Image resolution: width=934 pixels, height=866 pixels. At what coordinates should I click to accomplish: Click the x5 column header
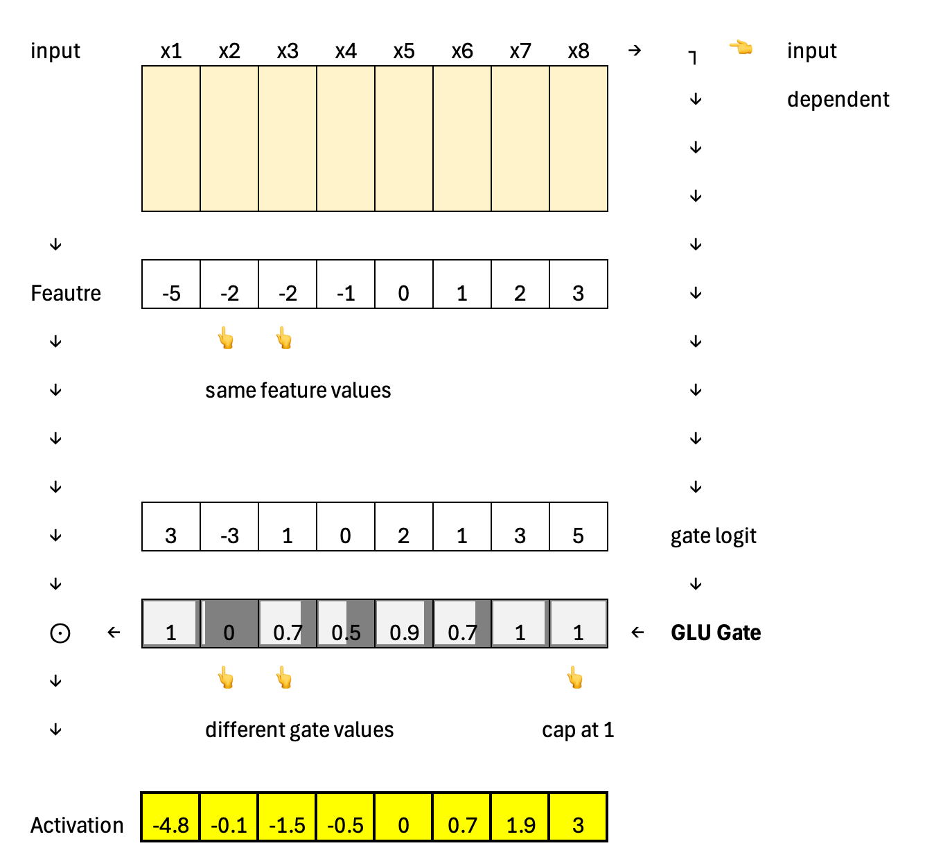coord(404,51)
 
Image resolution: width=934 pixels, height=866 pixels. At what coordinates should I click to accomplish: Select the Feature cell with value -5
coord(171,285)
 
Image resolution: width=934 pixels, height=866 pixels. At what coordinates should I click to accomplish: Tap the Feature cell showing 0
coord(404,285)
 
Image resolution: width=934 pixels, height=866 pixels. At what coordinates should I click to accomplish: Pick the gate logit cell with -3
coord(229,527)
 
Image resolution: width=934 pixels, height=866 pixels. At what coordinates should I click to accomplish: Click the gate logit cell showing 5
coord(579,527)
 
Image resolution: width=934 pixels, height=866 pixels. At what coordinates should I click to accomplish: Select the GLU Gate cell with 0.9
coord(404,624)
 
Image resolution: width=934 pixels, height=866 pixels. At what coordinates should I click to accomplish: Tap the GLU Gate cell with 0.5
coord(346,624)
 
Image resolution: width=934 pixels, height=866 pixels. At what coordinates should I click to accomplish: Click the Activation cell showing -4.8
coord(170,818)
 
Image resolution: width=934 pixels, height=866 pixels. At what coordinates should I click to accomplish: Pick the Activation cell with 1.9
coord(520,818)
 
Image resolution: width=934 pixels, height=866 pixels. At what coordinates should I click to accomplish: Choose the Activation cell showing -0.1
coord(229,818)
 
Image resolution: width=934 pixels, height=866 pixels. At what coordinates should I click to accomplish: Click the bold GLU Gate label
coord(716,633)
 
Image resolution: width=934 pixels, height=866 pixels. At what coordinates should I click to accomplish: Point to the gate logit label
coord(713,536)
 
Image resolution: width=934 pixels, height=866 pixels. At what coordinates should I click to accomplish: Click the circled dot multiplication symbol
coord(60,633)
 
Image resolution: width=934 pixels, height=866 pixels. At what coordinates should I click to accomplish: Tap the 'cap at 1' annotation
coord(578,730)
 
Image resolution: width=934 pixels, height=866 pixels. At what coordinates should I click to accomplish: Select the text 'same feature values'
coord(298,391)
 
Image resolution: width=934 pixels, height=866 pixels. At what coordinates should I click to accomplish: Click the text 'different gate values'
coord(299,730)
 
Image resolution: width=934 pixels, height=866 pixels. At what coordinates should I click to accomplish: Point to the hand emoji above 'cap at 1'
coord(575,677)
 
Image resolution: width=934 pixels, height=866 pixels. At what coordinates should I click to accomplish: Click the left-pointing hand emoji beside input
coord(741,48)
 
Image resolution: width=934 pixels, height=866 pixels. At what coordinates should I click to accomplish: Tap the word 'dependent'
coord(838,100)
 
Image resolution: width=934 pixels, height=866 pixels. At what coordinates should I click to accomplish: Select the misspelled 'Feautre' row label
coord(66,294)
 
